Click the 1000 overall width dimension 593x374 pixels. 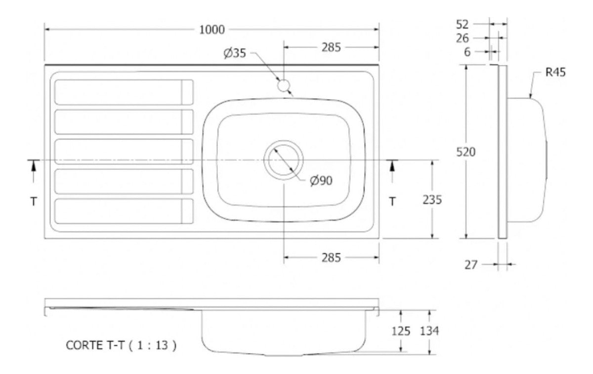(x=212, y=30)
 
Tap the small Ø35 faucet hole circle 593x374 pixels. (x=283, y=85)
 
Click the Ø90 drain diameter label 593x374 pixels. (x=321, y=181)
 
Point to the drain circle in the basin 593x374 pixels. (x=283, y=160)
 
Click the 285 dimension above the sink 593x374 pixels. (x=331, y=47)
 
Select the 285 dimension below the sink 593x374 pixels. (x=331, y=257)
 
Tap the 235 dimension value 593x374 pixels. (x=432, y=200)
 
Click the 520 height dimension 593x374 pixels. (x=466, y=152)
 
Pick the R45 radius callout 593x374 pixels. (x=555, y=73)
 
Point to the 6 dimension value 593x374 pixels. (x=467, y=52)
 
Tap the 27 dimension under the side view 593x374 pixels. (x=471, y=265)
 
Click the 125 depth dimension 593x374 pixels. (x=401, y=331)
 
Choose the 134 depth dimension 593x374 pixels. (x=430, y=331)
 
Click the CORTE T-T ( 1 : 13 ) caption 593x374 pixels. (x=121, y=345)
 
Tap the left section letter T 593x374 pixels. (x=33, y=201)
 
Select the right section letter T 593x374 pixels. (x=392, y=201)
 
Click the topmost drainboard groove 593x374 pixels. (x=123, y=92)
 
